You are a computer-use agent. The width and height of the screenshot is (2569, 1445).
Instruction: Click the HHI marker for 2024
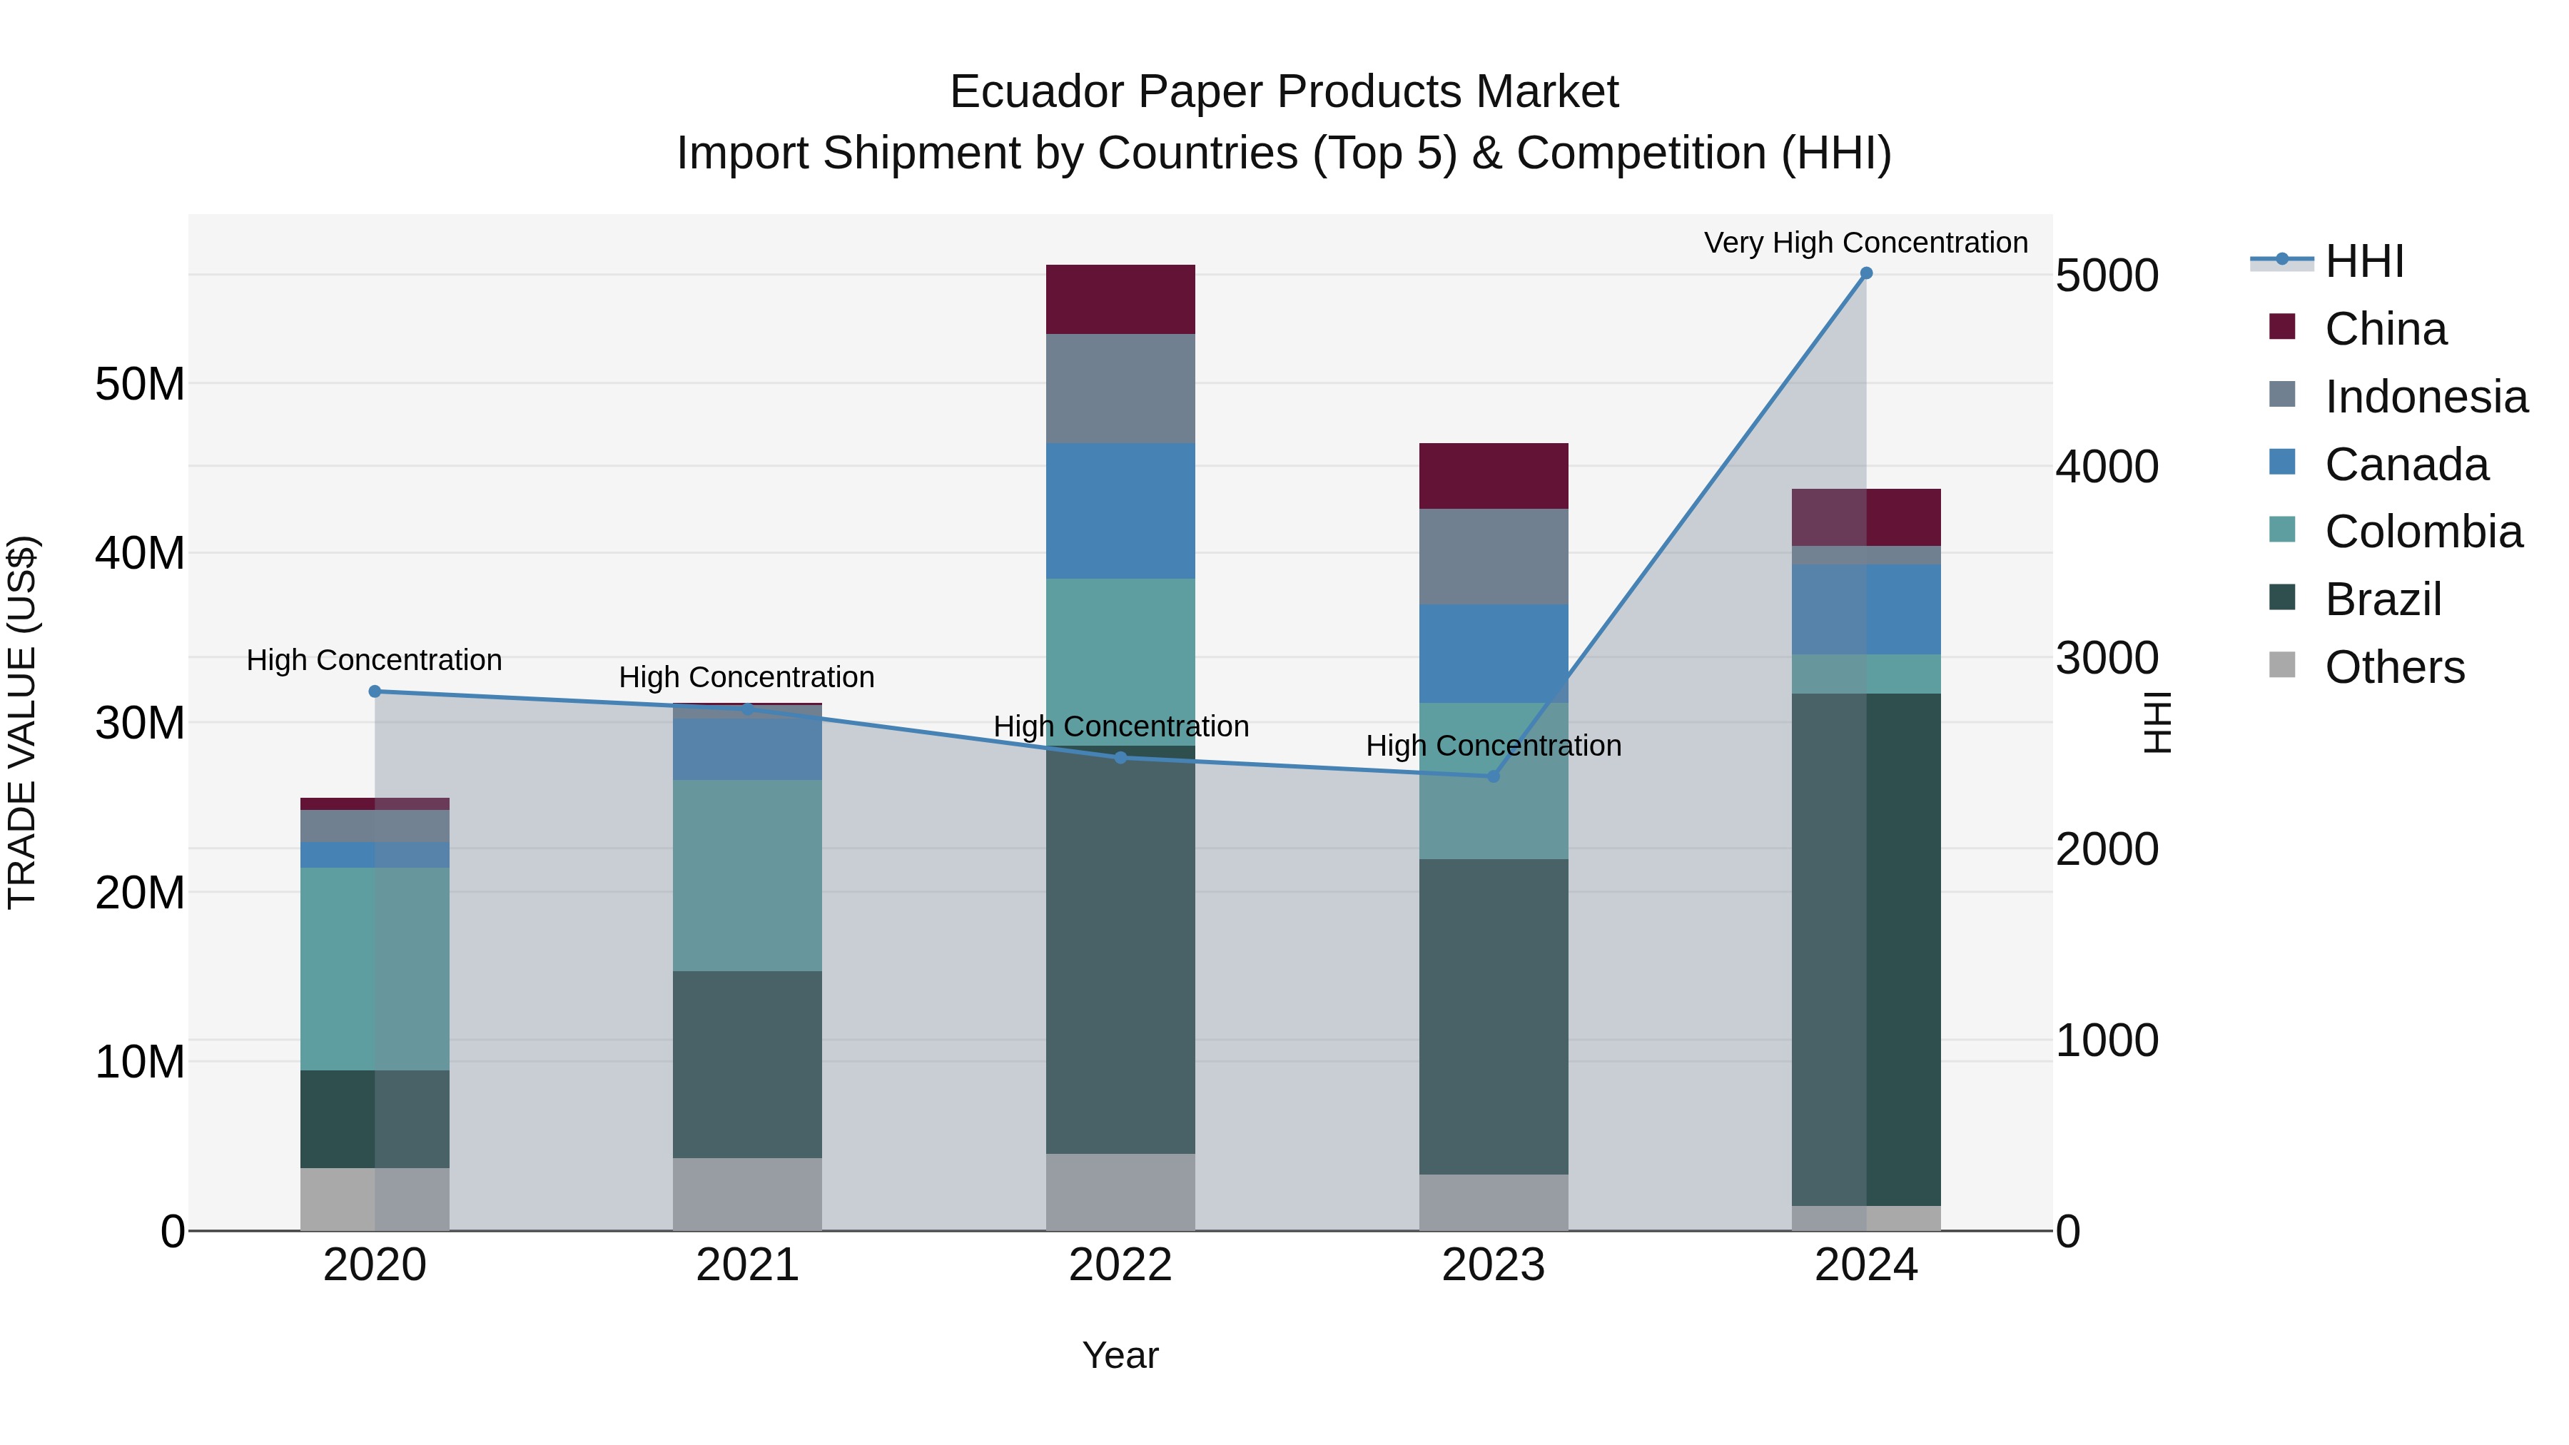pos(1866,273)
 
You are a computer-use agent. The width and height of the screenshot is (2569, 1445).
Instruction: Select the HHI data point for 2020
pos(375,691)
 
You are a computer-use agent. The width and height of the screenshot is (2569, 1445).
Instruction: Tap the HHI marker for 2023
pos(1493,776)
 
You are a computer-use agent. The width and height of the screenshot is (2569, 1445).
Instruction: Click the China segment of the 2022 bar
pos(1120,299)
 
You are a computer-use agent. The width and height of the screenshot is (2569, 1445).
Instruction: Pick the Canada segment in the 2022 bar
pos(1120,511)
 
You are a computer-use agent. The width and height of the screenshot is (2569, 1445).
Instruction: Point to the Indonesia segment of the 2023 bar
pos(1493,557)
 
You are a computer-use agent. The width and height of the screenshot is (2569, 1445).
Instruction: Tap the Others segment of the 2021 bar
pos(747,1194)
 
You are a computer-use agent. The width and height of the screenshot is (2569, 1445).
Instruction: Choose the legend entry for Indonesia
pos(2426,397)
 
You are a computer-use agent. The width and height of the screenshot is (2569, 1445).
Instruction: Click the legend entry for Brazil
pos(2383,599)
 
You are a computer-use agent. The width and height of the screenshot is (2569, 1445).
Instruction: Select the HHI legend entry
pos(2363,261)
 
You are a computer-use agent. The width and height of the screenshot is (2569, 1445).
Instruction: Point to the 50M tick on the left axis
pos(140,384)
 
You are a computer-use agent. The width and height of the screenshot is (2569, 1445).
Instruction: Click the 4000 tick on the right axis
pos(2107,467)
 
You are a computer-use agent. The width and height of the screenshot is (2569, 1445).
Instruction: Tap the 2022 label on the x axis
pos(1120,1265)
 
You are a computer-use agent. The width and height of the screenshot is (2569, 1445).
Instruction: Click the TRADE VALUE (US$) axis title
pos(22,722)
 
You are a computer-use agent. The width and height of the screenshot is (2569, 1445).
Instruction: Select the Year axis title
pos(1120,1355)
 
